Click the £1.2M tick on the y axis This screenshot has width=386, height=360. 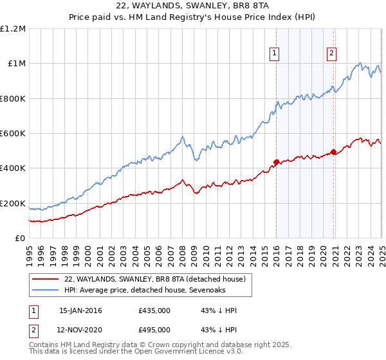click(x=13, y=28)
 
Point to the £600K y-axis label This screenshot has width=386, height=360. click(x=13, y=134)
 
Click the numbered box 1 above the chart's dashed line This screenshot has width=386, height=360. click(x=275, y=53)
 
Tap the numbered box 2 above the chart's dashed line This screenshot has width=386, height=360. click(x=332, y=53)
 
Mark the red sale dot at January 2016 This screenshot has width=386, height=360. click(x=276, y=162)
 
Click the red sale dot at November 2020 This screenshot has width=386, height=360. click(x=333, y=152)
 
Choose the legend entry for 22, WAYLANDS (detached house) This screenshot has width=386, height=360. click(x=154, y=279)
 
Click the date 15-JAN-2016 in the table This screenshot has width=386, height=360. click(x=80, y=310)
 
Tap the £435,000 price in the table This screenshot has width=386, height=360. click(x=154, y=310)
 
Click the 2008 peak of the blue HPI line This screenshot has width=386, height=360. click(x=183, y=136)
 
